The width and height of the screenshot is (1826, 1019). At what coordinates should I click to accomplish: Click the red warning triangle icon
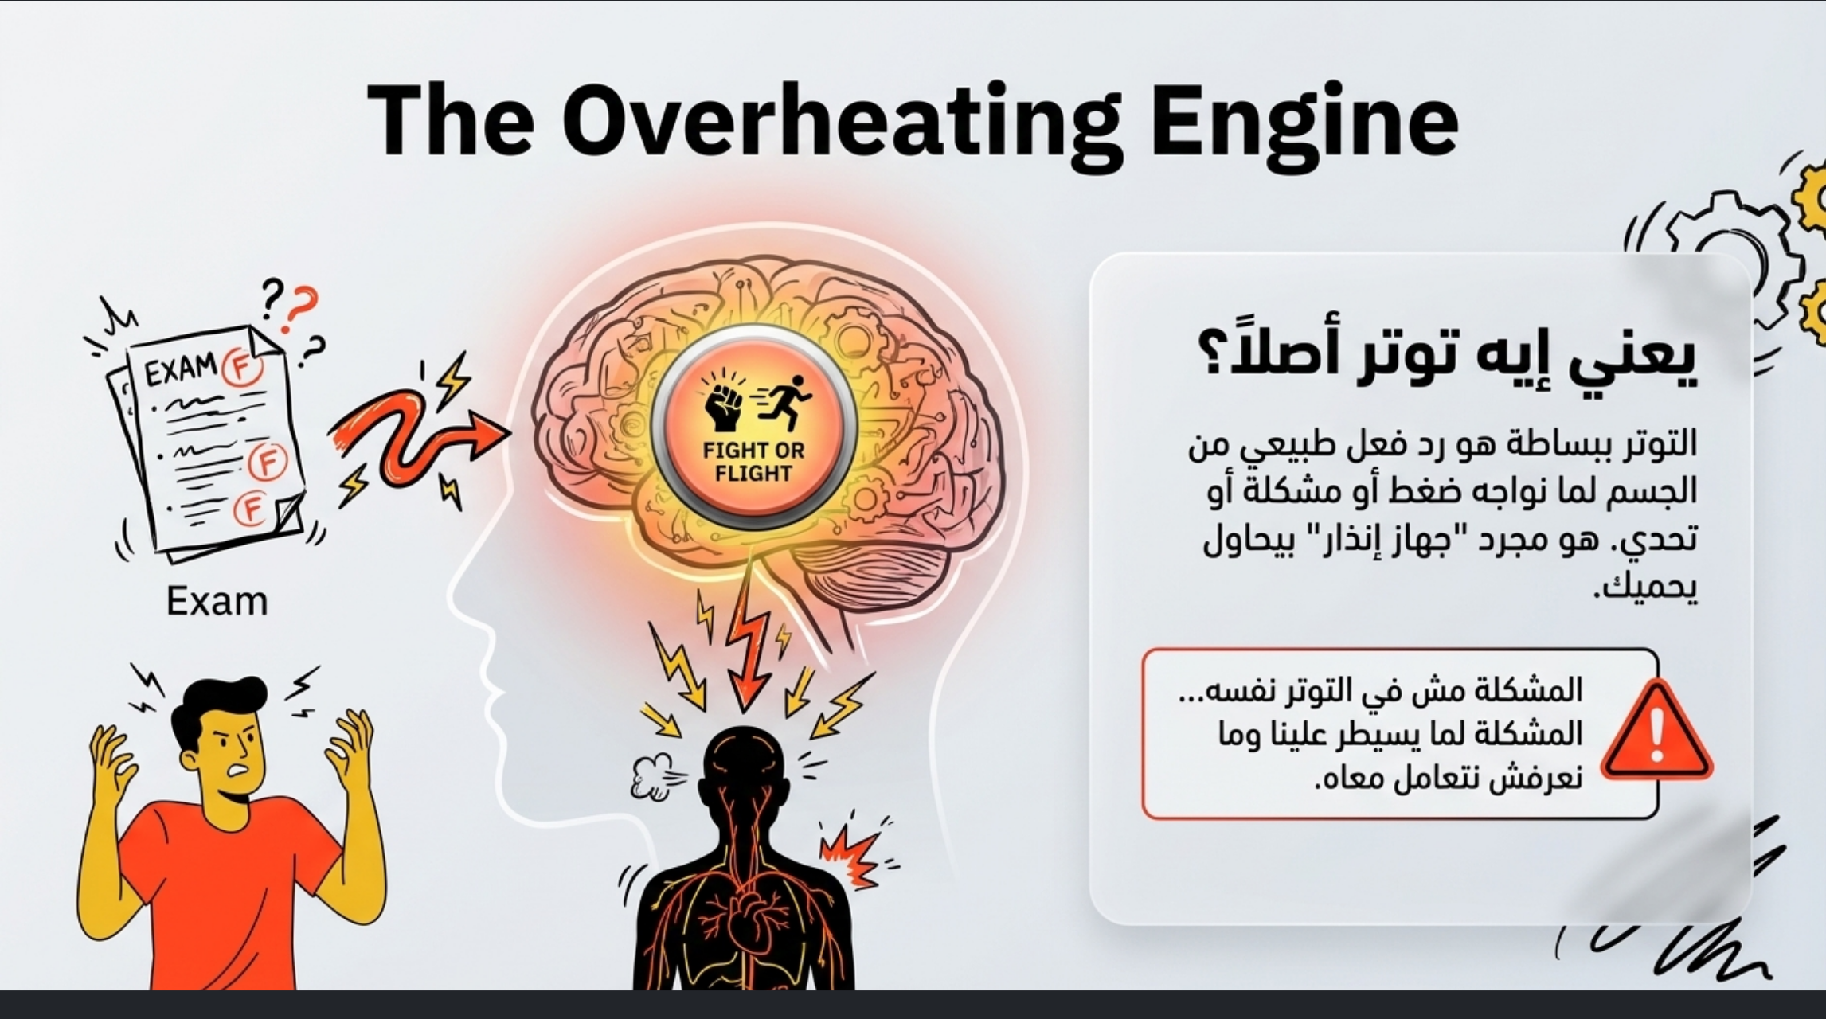point(1656,731)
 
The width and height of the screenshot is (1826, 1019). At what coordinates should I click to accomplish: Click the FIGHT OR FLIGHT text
point(753,462)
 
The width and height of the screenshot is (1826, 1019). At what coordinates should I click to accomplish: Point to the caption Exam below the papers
point(217,602)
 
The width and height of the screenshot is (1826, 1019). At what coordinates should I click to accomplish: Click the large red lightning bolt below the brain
point(749,645)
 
